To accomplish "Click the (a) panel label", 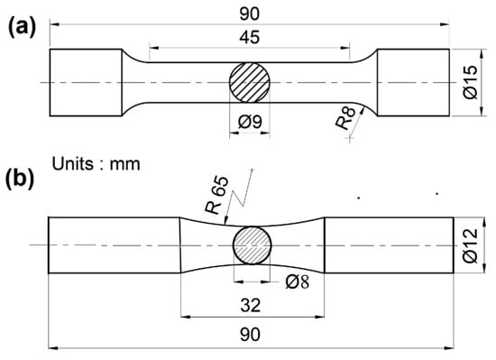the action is (22, 28).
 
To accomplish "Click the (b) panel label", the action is (20, 180).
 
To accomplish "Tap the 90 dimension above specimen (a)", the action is (249, 14).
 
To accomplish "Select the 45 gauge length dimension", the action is (250, 37).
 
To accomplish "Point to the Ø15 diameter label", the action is (470, 82).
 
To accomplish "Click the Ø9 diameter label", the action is (250, 122).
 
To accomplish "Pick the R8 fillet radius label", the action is (345, 118).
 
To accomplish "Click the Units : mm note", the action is (96, 164).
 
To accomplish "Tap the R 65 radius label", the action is (216, 195).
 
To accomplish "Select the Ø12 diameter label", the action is (470, 245).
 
